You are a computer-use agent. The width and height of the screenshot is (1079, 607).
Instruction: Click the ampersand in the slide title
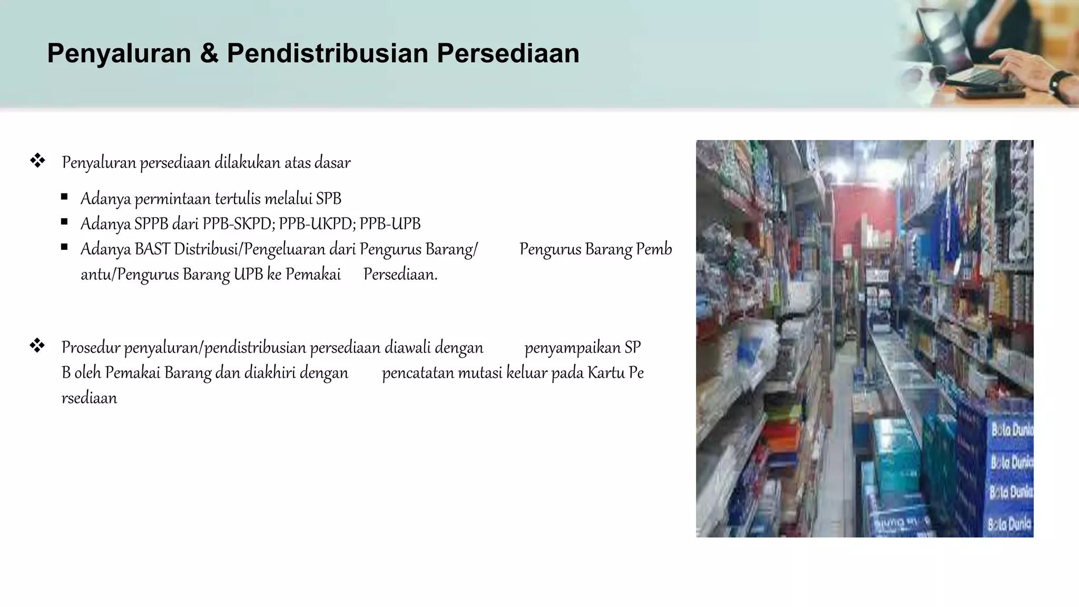click(x=209, y=54)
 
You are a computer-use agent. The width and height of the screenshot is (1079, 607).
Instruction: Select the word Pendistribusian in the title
click(x=327, y=54)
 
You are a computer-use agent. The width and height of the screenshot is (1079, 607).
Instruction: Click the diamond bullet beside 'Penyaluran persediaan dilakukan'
click(x=37, y=161)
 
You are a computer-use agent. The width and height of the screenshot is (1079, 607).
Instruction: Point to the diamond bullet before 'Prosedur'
click(x=37, y=346)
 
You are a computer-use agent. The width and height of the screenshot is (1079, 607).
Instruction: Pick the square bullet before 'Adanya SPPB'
click(x=64, y=222)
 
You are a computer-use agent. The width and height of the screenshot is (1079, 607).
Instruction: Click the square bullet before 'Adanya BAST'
click(x=64, y=247)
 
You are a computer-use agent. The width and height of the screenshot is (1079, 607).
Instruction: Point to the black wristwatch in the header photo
click(x=1061, y=84)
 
